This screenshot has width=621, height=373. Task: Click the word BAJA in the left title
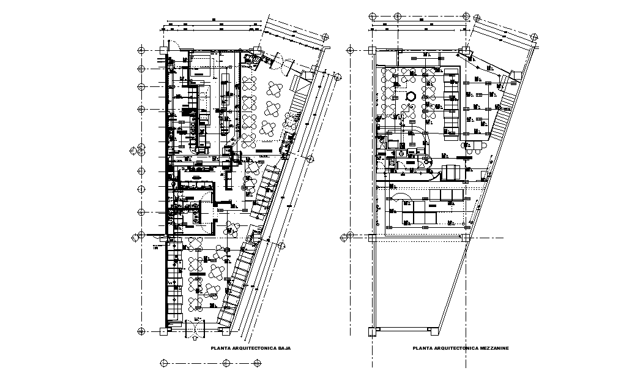283,348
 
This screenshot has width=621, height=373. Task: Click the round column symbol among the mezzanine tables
412,96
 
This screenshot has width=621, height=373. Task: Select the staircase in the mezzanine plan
501,116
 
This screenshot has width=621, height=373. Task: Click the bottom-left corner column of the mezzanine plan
371,331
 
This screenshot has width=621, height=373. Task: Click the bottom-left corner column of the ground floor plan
163,331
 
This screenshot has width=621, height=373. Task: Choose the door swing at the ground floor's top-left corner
174,45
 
